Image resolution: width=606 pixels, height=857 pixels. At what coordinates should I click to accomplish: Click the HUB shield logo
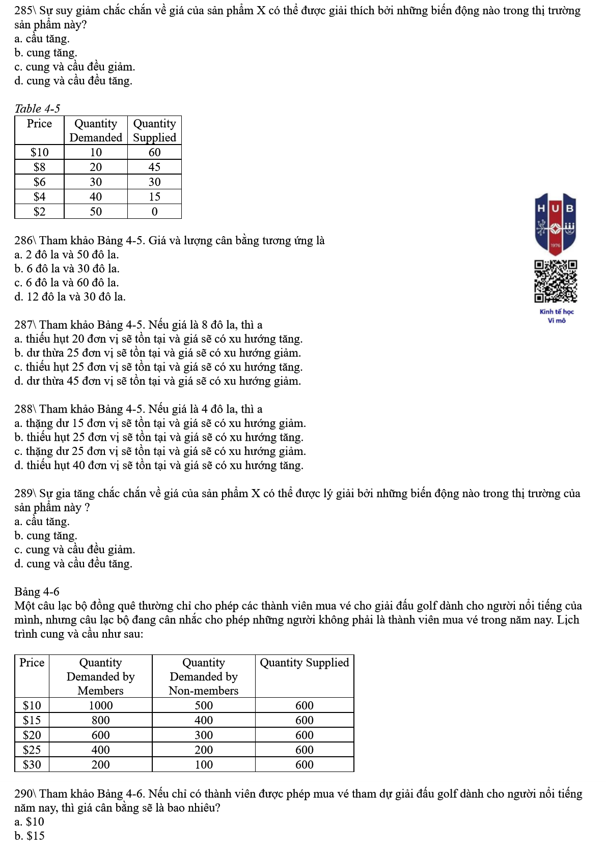pyautogui.click(x=556, y=223)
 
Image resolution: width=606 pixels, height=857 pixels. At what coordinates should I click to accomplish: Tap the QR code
pyautogui.click(x=556, y=281)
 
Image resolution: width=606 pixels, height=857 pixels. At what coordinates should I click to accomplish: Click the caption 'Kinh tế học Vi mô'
pyautogui.click(x=557, y=316)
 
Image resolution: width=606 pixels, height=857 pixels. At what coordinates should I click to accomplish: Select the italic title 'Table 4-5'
pyautogui.click(x=37, y=108)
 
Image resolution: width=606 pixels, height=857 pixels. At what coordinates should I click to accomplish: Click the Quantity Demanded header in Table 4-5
pyautogui.click(x=96, y=130)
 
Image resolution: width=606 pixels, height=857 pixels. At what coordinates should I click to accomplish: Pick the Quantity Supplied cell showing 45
pyautogui.click(x=154, y=167)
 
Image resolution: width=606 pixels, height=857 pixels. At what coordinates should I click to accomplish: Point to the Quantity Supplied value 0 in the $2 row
pyautogui.click(x=154, y=212)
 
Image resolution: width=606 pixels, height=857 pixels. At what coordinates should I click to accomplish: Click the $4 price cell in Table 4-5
pyautogui.click(x=39, y=197)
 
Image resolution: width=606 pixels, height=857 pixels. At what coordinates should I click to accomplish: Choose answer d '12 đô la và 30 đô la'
pyautogui.click(x=70, y=297)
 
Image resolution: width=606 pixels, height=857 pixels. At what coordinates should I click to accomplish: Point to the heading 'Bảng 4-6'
pyautogui.click(x=37, y=592)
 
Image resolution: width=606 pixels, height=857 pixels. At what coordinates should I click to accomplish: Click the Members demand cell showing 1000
pyautogui.click(x=100, y=705)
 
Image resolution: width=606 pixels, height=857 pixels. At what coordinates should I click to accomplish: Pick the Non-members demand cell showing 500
pyautogui.click(x=203, y=705)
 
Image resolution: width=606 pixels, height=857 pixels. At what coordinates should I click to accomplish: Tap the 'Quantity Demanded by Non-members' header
pyautogui.click(x=203, y=676)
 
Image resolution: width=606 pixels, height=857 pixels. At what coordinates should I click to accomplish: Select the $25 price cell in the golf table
pyautogui.click(x=32, y=750)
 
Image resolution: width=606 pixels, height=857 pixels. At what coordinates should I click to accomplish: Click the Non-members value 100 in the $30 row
pyautogui.click(x=203, y=764)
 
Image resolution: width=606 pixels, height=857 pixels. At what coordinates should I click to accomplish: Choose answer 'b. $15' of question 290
pyautogui.click(x=30, y=836)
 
